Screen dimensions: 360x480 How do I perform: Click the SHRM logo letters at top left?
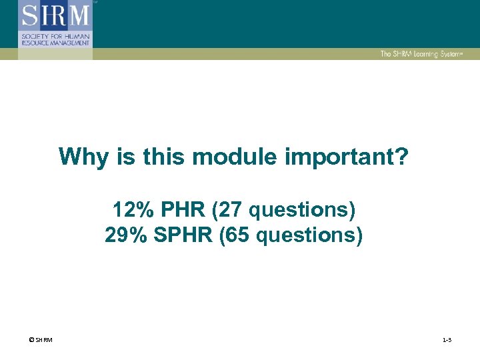[55, 15]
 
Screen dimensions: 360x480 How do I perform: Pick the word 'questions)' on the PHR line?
[303, 211]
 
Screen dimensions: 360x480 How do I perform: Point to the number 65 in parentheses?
[236, 236]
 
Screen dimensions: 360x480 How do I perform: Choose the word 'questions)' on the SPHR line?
[311, 236]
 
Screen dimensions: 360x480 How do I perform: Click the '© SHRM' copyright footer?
[41, 341]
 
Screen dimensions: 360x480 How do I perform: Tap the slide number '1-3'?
[447, 341]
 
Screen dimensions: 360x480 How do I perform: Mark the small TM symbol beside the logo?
[95, 3]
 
